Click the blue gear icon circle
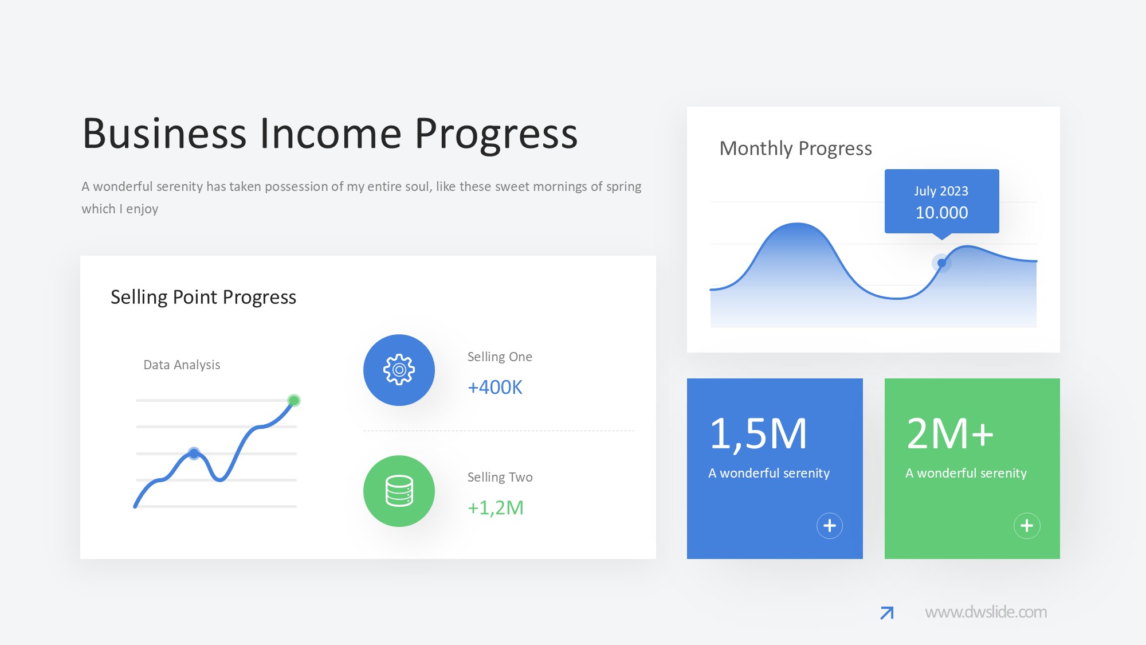pyautogui.click(x=399, y=370)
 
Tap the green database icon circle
pyautogui.click(x=399, y=491)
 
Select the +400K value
pyautogui.click(x=495, y=388)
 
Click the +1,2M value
pyautogui.click(x=496, y=508)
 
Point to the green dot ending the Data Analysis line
pyautogui.click(x=294, y=400)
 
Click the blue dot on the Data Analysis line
pyautogui.click(x=194, y=454)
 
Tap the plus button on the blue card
pyautogui.click(x=829, y=526)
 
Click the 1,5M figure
pyautogui.click(x=758, y=434)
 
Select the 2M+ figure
pyautogui.click(x=950, y=434)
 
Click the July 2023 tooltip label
pyautogui.click(x=941, y=191)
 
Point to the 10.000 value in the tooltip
pyautogui.click(x=941, y=213)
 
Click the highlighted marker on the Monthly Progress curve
pyautogui.click(x=941, y=263)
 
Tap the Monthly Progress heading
pyautogui.click(x=795, y=148)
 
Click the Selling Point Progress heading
pyautogui.click(x=203, y=297)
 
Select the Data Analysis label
pyautogui.click(x=182, y=365)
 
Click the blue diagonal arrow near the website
pyautogui.click(x=887, y=613)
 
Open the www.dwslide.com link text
pyautogui.click(x=986, y=612)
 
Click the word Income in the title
pyautogui.click(x=331, y=134)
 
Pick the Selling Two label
pyautogui.click(x=500, y=477)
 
